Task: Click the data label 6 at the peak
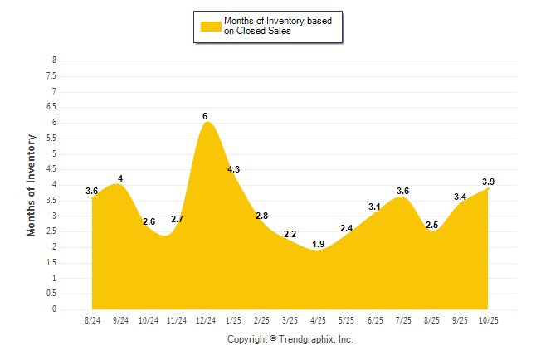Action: (205, 116)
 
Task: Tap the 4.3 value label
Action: (233, 169)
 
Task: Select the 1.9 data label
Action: (318, 244)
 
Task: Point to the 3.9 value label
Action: (489, 182)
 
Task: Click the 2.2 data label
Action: (290, 235)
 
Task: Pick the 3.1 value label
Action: (374, 207)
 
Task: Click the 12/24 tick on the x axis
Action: (205, 319)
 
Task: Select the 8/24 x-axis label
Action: (92, 319)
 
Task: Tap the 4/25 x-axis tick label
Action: (318, 319)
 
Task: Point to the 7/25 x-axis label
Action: (402, 319)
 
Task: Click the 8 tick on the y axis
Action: (54, 61)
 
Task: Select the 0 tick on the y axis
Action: (54, 309)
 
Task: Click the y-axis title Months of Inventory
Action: (32, 185)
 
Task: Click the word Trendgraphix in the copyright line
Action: (306, 339)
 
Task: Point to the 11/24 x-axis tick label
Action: (177, 319)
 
